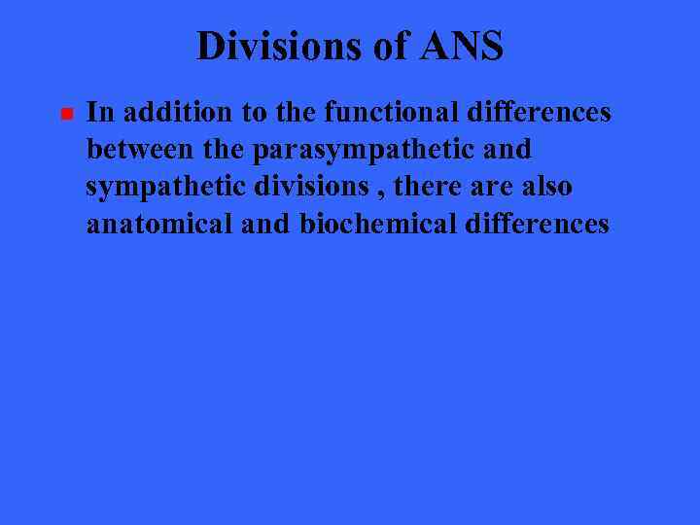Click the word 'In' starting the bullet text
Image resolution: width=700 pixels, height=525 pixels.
coord(98,113)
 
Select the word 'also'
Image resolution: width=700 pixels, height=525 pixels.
coord(544,187)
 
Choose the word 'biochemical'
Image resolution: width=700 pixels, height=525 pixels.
coord(378,225)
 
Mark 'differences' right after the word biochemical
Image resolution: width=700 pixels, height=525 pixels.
coord(538,225)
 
